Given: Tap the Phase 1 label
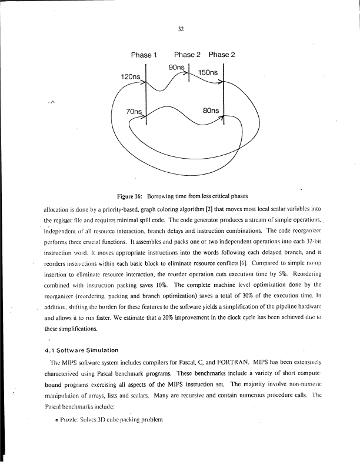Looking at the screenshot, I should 143,55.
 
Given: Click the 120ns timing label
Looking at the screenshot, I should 130,77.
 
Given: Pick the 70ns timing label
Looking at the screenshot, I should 135,111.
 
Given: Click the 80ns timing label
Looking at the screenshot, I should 211,110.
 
